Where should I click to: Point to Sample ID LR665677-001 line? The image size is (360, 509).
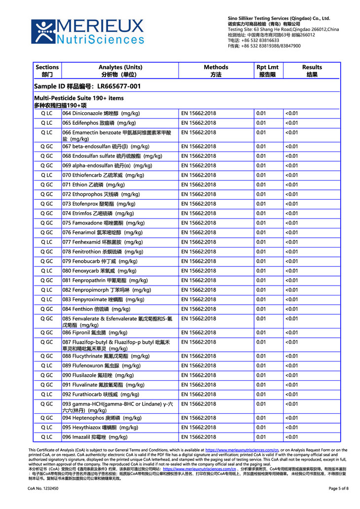[87, 87]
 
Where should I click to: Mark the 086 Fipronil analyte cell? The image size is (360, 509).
[95, 332]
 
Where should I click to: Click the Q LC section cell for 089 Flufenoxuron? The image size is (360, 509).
[47, 365]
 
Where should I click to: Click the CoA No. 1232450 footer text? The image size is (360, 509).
[43, 488]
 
